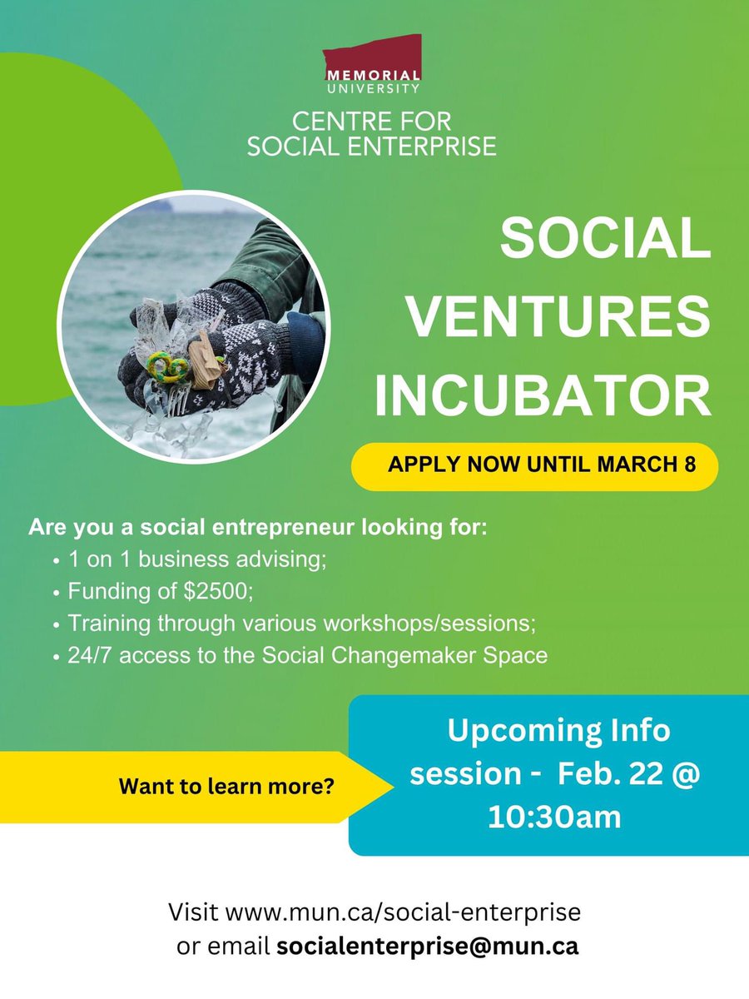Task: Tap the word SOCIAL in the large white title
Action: [605, 241]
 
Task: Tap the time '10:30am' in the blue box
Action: [555, 816]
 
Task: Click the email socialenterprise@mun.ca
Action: [428, 947]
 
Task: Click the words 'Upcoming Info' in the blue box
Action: [558, 731]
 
